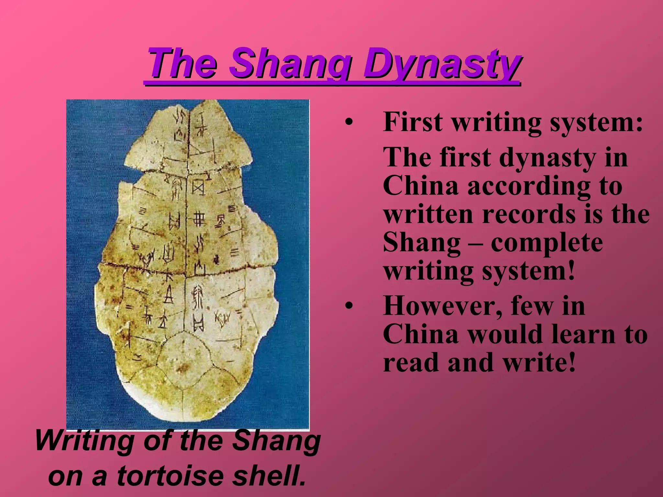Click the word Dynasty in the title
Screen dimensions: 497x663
point(441,64)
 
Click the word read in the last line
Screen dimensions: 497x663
point(410,362)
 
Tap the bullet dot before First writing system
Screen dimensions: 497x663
point(348,123)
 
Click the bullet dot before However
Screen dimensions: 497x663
point(348,306)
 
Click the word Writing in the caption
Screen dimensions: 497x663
point(85,441)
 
